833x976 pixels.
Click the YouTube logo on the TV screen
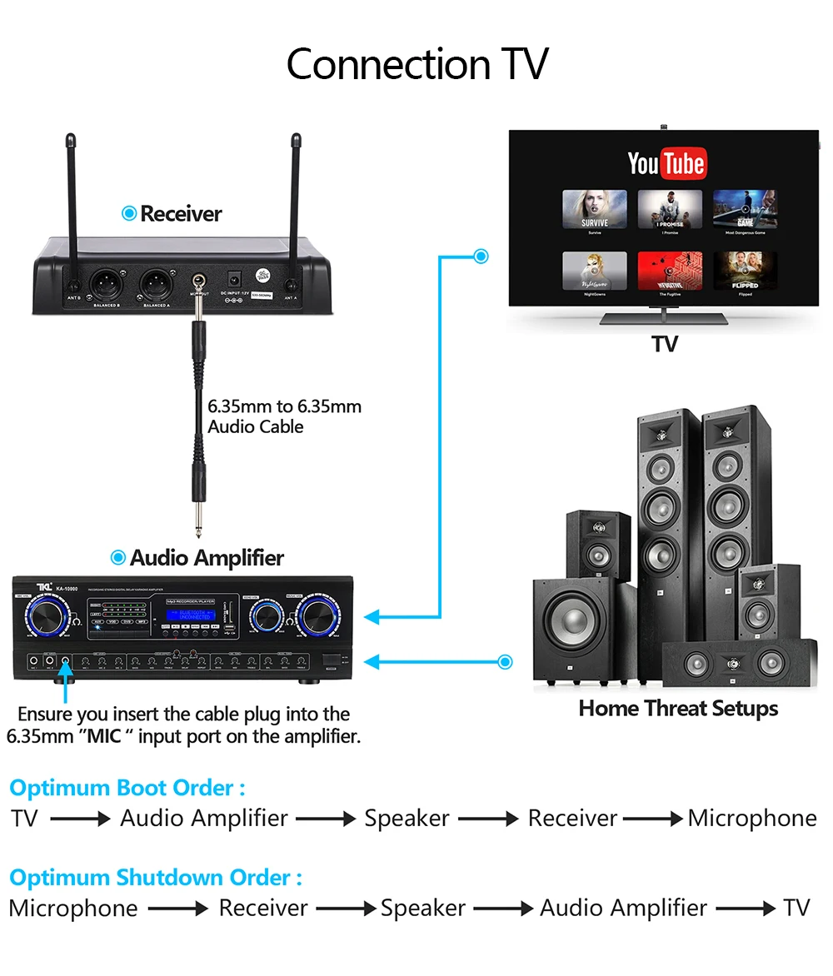click(x=666, y=163)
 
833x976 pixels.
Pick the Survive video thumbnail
click(x=594, y=209)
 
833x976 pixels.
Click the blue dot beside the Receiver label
click(x=128, y=214)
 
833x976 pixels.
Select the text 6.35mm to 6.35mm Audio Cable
click(x=284, y=416)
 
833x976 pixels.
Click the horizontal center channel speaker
click(x=733, y=662)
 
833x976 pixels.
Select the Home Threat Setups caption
click(x=678, y=709)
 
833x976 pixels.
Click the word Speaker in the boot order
click(x=407, y=819)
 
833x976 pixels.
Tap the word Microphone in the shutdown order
click(x=73, y=908)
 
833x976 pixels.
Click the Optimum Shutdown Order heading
click(x=155, y=877)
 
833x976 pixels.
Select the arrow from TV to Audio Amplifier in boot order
click(x=80, y=819)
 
